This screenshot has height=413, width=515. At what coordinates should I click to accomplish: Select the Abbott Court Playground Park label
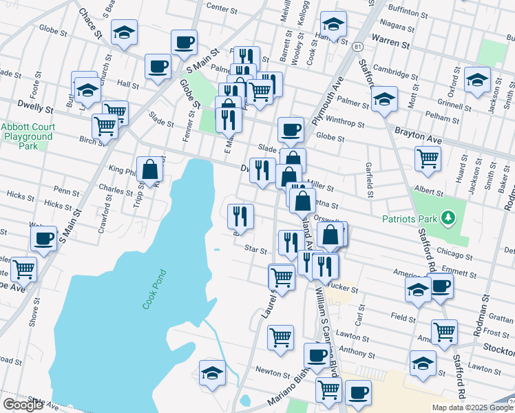coord(27,136)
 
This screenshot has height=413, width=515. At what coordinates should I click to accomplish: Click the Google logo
coord(23,405)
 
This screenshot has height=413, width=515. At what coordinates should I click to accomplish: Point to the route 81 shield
coord(356,46)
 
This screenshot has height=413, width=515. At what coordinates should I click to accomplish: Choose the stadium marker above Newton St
coord(213,374)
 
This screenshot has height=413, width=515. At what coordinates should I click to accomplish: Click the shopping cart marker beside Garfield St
coord(428,159)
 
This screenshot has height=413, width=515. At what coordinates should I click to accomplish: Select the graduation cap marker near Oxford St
coord(477,80)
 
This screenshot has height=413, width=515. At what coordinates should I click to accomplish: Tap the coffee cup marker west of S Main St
coord(43,239)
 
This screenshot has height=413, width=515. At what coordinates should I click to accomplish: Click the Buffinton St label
coord(407,12)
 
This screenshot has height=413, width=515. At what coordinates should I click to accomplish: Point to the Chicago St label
coord(452,253)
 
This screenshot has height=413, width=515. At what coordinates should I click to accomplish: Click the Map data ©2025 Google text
coord(471,407)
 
